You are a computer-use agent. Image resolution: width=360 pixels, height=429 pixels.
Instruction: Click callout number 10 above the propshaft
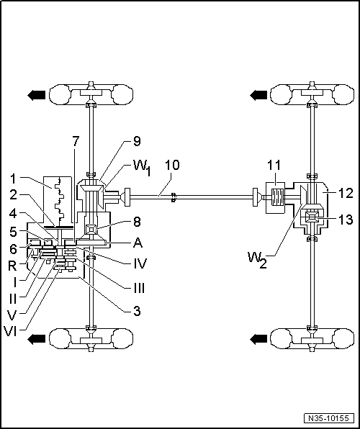tap(172, 165)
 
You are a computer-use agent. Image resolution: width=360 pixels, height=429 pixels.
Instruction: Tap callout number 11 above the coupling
tap(274, 166)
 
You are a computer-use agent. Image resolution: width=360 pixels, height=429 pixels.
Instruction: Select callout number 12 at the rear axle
tap(346, 194)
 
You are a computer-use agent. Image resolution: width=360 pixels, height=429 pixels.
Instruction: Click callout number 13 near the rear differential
tap(346, 220)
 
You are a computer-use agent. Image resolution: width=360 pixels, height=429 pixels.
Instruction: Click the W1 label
tap(142, 168)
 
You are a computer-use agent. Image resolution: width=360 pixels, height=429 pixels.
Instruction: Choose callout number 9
tap(137, 142)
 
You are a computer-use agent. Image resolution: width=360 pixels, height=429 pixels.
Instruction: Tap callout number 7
tap(76, 142)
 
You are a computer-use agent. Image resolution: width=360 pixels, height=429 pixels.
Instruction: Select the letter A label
tap(138, 243)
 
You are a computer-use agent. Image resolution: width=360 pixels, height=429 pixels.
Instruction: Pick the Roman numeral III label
tap(139, 288)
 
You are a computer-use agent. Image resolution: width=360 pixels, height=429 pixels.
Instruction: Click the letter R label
tap(12, 266)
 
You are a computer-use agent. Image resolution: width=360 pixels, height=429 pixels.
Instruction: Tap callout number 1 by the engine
tap(14, 179)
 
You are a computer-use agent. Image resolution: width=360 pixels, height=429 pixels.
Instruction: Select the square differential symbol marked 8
tap(91, 229)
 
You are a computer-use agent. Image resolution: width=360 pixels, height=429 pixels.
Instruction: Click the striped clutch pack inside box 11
tap(276, 197)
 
